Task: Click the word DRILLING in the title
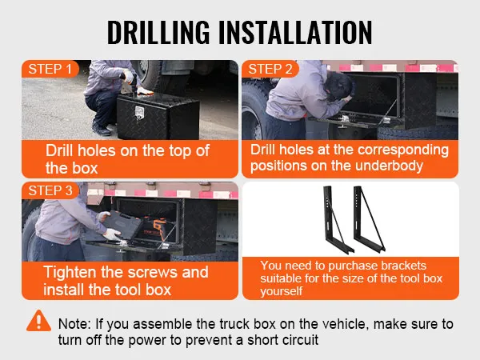point(158,32)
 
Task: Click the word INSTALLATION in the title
point(295,32)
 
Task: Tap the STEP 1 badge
point(50,69)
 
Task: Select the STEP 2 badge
point(270,69)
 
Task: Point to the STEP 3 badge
point(50,190)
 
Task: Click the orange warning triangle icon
point(38,321)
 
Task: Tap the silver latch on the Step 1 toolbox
point(139,113)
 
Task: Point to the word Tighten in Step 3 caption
point(70,272)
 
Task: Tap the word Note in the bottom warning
point(74,324)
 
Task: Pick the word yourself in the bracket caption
point(282,291)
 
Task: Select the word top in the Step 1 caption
point(177,151)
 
